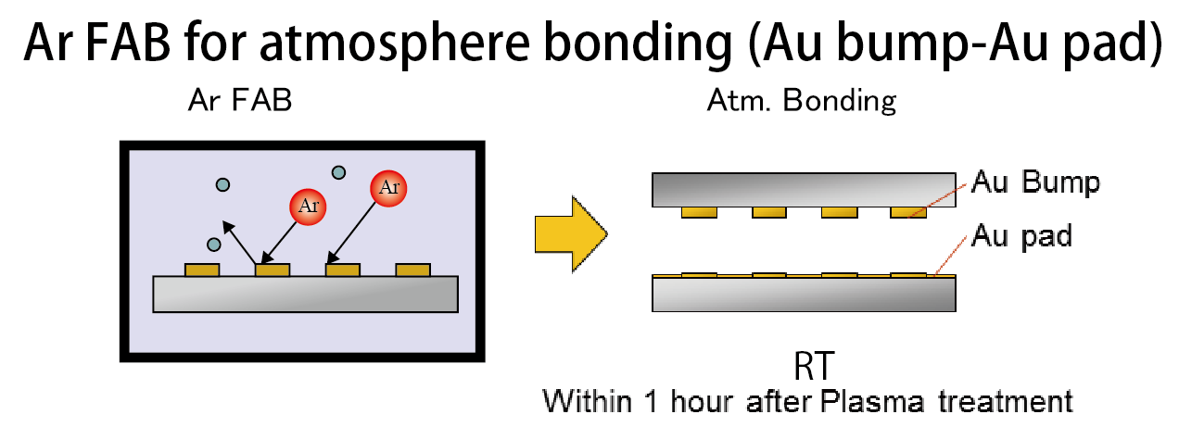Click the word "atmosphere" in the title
394,44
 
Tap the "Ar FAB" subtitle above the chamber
240,100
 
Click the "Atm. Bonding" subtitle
802,100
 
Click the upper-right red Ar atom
388,188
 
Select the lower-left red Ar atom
308,207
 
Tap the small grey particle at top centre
338,172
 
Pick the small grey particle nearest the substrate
214,245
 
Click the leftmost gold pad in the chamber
202,270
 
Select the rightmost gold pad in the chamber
413,270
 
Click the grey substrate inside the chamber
305,294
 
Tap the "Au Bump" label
1036,183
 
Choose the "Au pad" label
1021,236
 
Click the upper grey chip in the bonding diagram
804,190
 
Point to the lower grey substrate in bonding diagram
804,295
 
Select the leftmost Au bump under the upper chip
699,212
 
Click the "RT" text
814,366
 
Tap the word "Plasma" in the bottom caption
871,402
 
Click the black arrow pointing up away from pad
240,243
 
